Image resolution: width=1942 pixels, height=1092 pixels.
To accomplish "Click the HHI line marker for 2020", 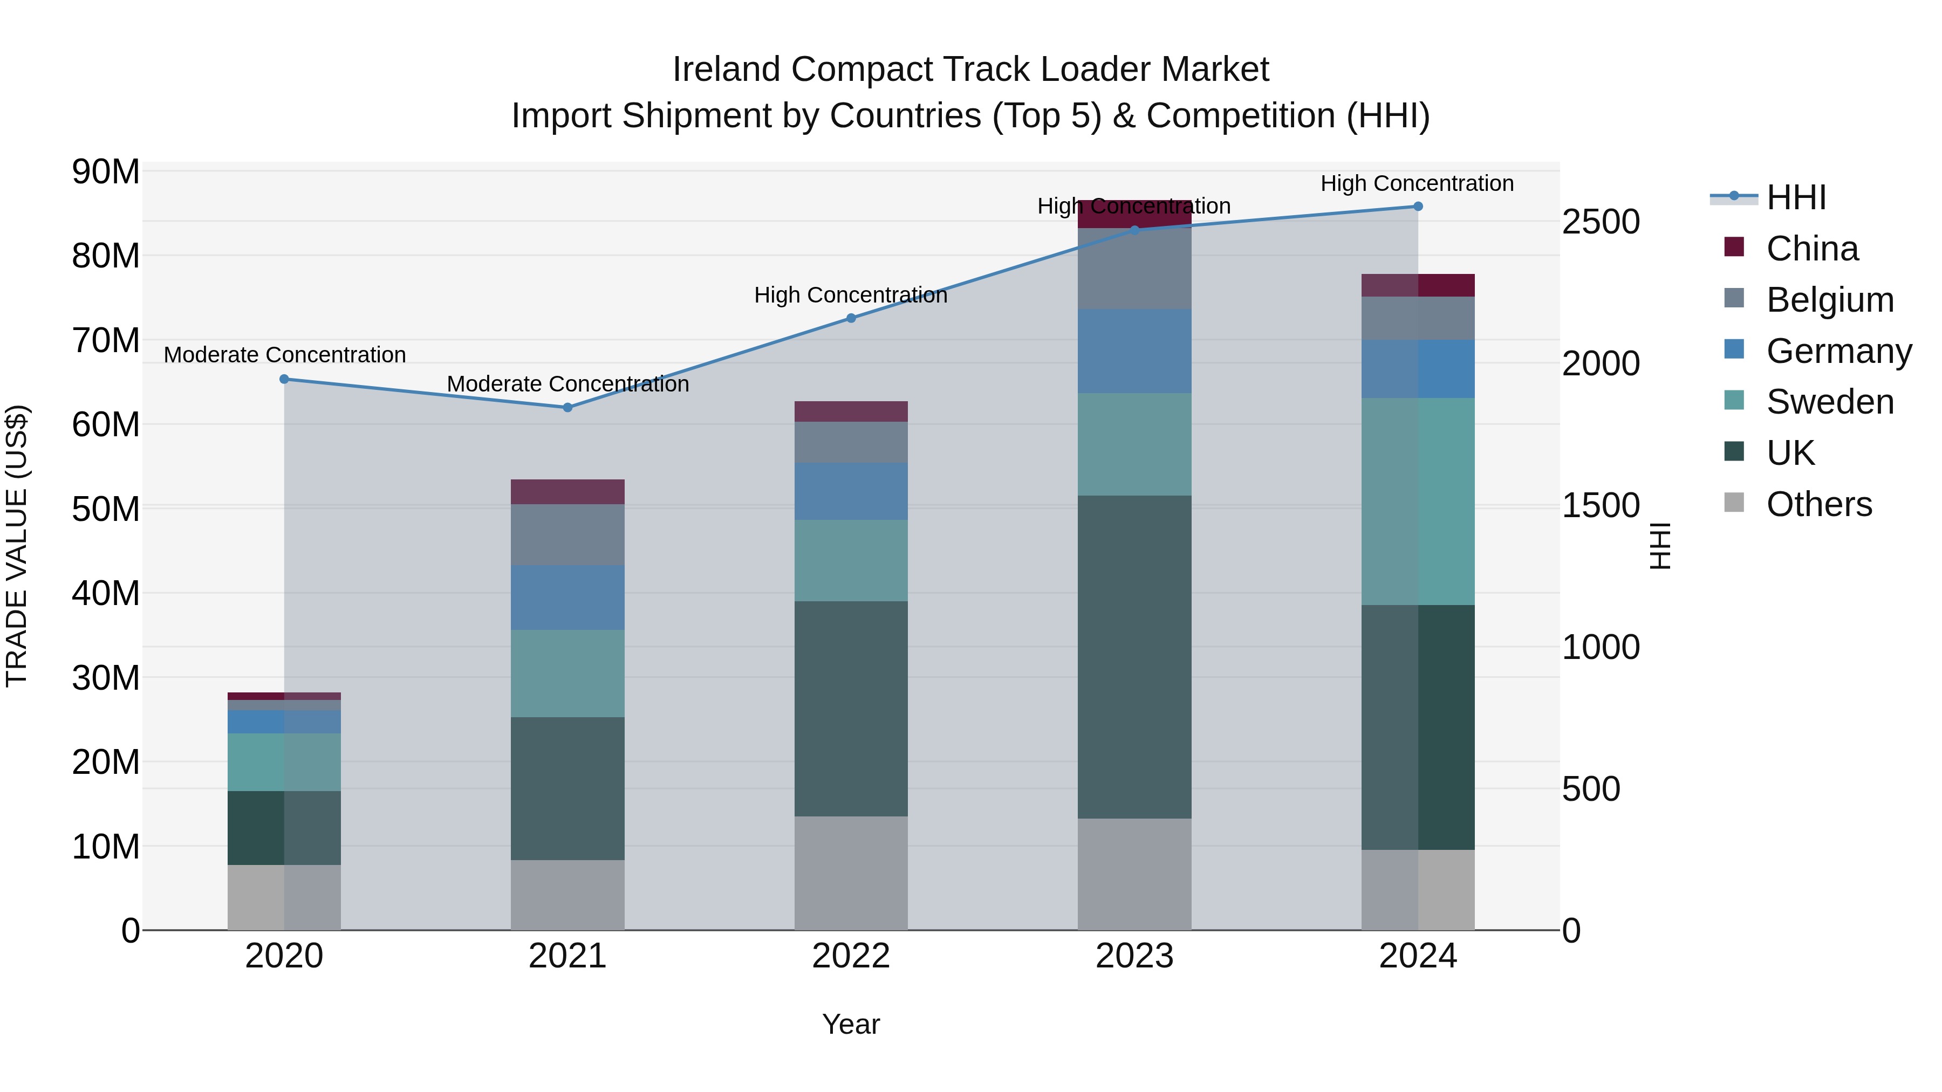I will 284,379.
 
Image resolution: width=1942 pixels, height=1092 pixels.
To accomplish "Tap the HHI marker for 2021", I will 567,408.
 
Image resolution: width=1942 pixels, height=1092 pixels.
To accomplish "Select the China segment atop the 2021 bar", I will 567,491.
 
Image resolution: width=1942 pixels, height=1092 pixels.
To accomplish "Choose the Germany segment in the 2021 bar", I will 567,597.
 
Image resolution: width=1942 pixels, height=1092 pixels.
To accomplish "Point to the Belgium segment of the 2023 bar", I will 1134,269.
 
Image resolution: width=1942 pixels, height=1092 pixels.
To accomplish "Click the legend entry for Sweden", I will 1830,402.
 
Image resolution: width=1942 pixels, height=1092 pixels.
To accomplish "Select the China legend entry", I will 1811,249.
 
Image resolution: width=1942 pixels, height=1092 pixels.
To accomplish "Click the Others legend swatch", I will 1734,503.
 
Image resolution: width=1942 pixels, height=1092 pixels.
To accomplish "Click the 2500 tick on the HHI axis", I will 1600,222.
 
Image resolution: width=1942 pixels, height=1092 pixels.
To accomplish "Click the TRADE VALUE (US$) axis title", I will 17,546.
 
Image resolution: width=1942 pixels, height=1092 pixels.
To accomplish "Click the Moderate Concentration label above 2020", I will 284,354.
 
